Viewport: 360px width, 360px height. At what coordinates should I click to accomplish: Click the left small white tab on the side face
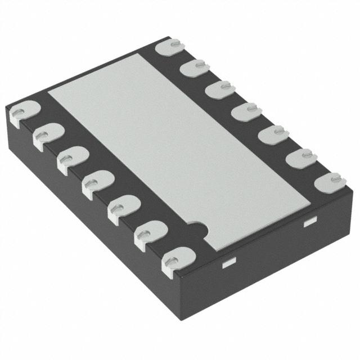(x=228, y=263)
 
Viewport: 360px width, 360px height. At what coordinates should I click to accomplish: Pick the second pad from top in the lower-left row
(x=47, y=136)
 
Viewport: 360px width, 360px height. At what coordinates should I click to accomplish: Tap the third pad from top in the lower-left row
(x=71, y=159)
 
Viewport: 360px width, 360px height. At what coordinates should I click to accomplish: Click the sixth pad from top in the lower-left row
(x=148, y=232)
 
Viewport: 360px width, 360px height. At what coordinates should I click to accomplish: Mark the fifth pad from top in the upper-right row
(x=271, y=134)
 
